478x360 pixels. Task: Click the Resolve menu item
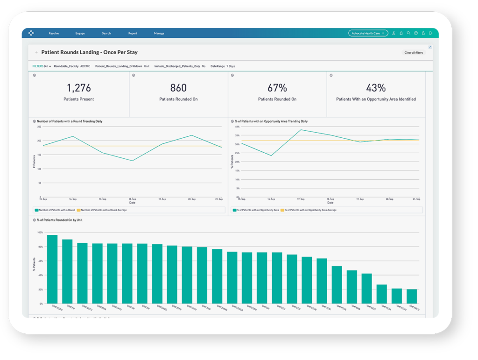tap(54, 33)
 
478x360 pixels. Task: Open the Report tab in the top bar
tap(133, 33)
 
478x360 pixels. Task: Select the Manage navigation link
tap(159, 33)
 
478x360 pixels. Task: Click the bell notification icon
tap(401, 33)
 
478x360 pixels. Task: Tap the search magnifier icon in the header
tap(408, 33)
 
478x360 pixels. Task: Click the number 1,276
tap(78, 88)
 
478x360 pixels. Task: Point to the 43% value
tap(376, 88)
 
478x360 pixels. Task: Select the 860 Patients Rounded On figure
tap(178, 88)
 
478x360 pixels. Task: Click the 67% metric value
tap(277, 88)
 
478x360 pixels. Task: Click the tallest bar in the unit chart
tap(52, 269)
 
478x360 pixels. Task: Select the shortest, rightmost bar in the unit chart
tap(412, 296)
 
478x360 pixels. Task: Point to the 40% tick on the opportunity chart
tap(237, 127)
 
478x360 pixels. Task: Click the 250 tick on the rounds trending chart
tap(39, 127)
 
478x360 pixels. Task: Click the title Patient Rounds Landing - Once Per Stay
tap(89, 52)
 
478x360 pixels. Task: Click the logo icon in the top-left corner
tap(31, 33)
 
